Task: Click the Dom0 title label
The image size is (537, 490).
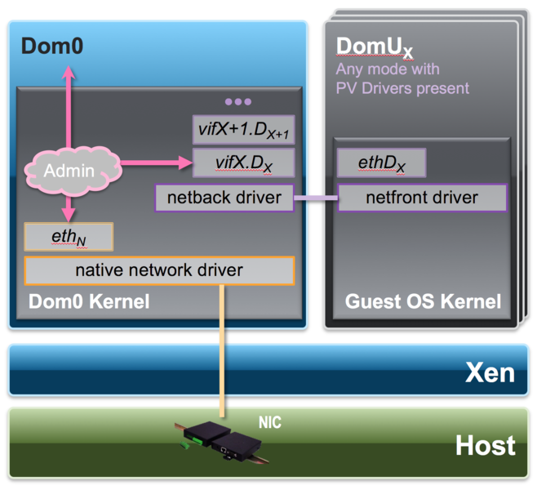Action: (51, 45)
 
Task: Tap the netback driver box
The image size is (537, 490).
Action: (224, 197)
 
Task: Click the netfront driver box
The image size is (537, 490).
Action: (421, 197)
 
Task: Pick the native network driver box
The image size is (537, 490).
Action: (159, 270)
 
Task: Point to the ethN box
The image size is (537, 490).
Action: (69, 237)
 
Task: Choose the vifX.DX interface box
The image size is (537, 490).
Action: (243, 163)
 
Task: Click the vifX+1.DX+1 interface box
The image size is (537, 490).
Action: (243, 129)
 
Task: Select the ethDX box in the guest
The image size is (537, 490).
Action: (381, 163)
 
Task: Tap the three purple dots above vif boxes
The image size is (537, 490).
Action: (238, 102)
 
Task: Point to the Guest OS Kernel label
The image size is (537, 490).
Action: (423, 301)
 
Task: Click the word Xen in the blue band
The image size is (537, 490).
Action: (490, 372)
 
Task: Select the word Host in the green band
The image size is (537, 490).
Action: (485, 445)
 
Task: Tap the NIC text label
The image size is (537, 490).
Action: (269, 423)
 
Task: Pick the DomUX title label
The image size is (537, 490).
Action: (375, 47)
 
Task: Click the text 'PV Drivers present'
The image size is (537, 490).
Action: (402, 87)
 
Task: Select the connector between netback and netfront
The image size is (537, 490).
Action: (315, 198)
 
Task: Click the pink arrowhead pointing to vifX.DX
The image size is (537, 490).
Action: (184, 163)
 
